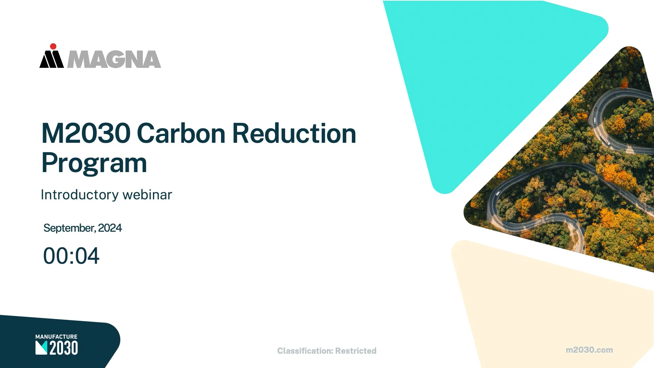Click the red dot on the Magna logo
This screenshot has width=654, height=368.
[x=53, y=46]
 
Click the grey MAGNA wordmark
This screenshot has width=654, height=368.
[x=114, y=60]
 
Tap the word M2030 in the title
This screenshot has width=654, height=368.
[x=86, y=133]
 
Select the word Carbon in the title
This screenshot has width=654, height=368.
[x=181, y=133]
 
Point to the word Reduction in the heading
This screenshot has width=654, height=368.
[x=294, y=133]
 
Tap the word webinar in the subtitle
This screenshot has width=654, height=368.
[x=147, y=195]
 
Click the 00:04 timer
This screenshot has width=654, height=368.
[x=71, y=256]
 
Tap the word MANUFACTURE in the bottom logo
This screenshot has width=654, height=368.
[x=56, y=337]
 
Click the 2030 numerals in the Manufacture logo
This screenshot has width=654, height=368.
[x=64, y=348]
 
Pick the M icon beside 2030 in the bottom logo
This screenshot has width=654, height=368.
[x=41, y=348]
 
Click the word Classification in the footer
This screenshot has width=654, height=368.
[x=305, y=351]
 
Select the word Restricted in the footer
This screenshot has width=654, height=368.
[x=356, y=351]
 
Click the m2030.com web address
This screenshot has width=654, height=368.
[x=589, y=350]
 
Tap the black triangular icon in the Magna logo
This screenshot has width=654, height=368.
[x=52, y=60]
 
